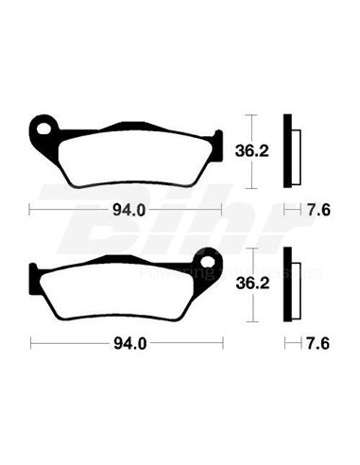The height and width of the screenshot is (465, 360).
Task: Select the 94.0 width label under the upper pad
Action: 127,210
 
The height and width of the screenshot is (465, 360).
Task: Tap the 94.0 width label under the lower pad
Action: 127,346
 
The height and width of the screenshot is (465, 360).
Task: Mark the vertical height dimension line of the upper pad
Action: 249,148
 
